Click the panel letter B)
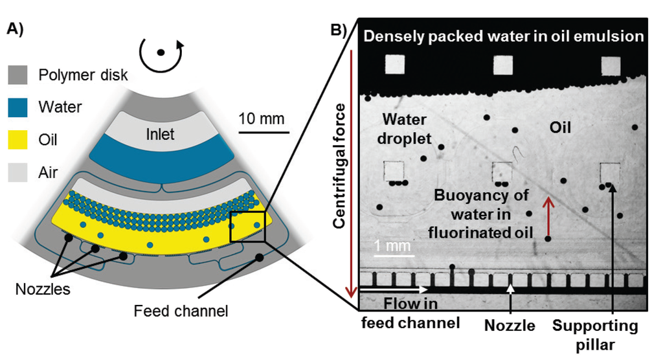coord(341,30)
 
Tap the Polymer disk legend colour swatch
coord(17,75)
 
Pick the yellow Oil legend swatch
coord(17,140)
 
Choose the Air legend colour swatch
coord(17,172)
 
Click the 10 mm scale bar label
coord(262,118)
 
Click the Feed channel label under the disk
coord(181,311)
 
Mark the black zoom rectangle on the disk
coord(248,226)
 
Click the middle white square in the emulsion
coord(502,65)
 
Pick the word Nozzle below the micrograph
coord(510,326)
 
